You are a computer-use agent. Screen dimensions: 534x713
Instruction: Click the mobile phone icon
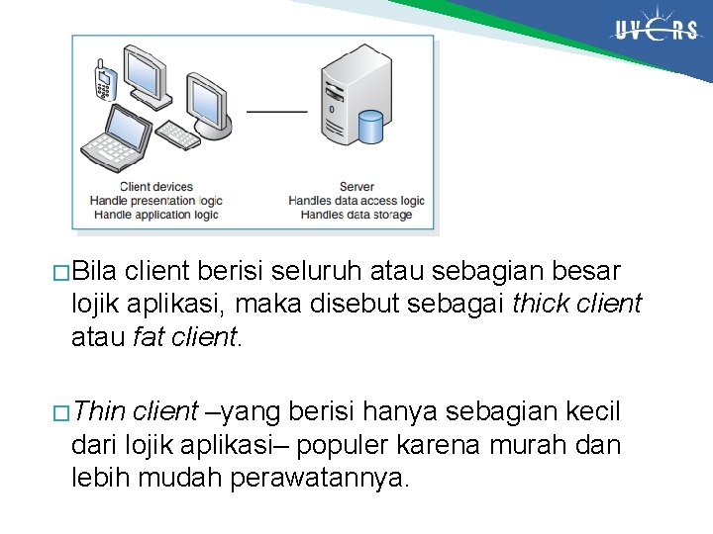[x=102, y=78]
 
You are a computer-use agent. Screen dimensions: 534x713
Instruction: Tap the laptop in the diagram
[x=117, y=139]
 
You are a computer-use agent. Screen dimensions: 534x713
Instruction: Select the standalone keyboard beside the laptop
[x=179, y=134]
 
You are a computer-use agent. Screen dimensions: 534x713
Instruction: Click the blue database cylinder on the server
[x=369, y=127]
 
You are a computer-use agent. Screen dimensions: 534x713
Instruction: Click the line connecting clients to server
[x=276, y=111]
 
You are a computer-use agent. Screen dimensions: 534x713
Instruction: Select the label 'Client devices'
[x=156, y=186]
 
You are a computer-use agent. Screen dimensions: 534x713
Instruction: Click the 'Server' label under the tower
[x=356, y=186]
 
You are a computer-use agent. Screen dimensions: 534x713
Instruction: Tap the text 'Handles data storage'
[x=356, y=214]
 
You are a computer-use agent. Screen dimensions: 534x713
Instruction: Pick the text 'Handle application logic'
[x=154, y=214]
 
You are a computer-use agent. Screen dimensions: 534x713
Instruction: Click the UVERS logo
[x=657, y=31]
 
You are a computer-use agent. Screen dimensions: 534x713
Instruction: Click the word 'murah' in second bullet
[x=535, y=445]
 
